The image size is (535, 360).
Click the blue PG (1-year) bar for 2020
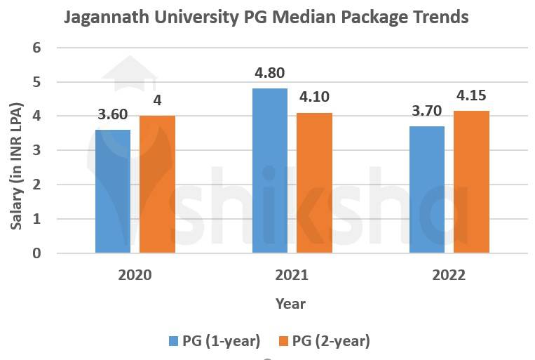point(113,191)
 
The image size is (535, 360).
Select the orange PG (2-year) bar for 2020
point(157,184)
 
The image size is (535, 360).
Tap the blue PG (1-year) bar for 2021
point(270,171)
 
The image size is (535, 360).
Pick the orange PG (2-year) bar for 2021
point(313,182)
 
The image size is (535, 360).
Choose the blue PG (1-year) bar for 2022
point(426,189)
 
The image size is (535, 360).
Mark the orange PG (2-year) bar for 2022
point(470,182)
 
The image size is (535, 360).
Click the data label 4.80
point(270,72)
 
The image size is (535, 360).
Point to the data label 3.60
point(113,114)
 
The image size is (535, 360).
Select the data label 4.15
point(470,95)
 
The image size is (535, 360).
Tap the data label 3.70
point(426,110)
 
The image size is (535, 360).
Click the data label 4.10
point(313,97)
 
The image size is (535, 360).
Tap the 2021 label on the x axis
point(292,275)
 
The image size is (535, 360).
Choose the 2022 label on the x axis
point(449,275)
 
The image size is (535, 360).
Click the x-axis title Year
point(290,303)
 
